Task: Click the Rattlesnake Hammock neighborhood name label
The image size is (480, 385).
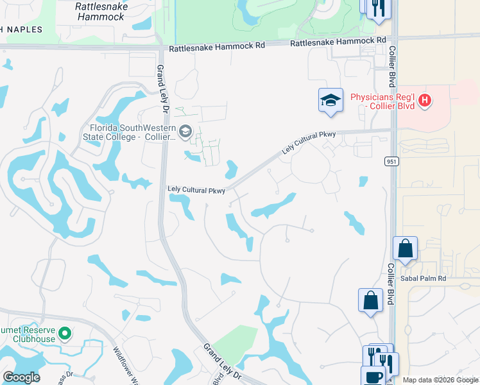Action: pyautogui.click(x=101, y=12)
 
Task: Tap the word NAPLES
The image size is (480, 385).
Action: pyautogui.click(x=24, y=30)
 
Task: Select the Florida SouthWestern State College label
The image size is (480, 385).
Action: pyautogui.click(x=129, y=132)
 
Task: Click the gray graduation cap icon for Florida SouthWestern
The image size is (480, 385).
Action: pyautogui.click(x=185, y=132)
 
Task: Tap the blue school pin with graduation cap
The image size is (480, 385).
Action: pyautogui.click(x=330, y=101)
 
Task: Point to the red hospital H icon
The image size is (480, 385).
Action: pyautogui.click(x=425, y=101)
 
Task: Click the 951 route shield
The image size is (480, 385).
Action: pyautogui.click(x=393, y=161)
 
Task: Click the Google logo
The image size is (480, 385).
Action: pyautogui.click(x=21, y=377)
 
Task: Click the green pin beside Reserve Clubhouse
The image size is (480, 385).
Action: pyautogui.click(x=64, y=334)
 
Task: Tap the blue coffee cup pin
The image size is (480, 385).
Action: pyautogui.click(x=372, y=377)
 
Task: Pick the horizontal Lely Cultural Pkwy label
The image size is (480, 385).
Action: pyautogui.click(x=196, y=190)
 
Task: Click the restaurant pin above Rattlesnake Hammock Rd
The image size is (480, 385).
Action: pyautogui.click(x=378, y=9)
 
